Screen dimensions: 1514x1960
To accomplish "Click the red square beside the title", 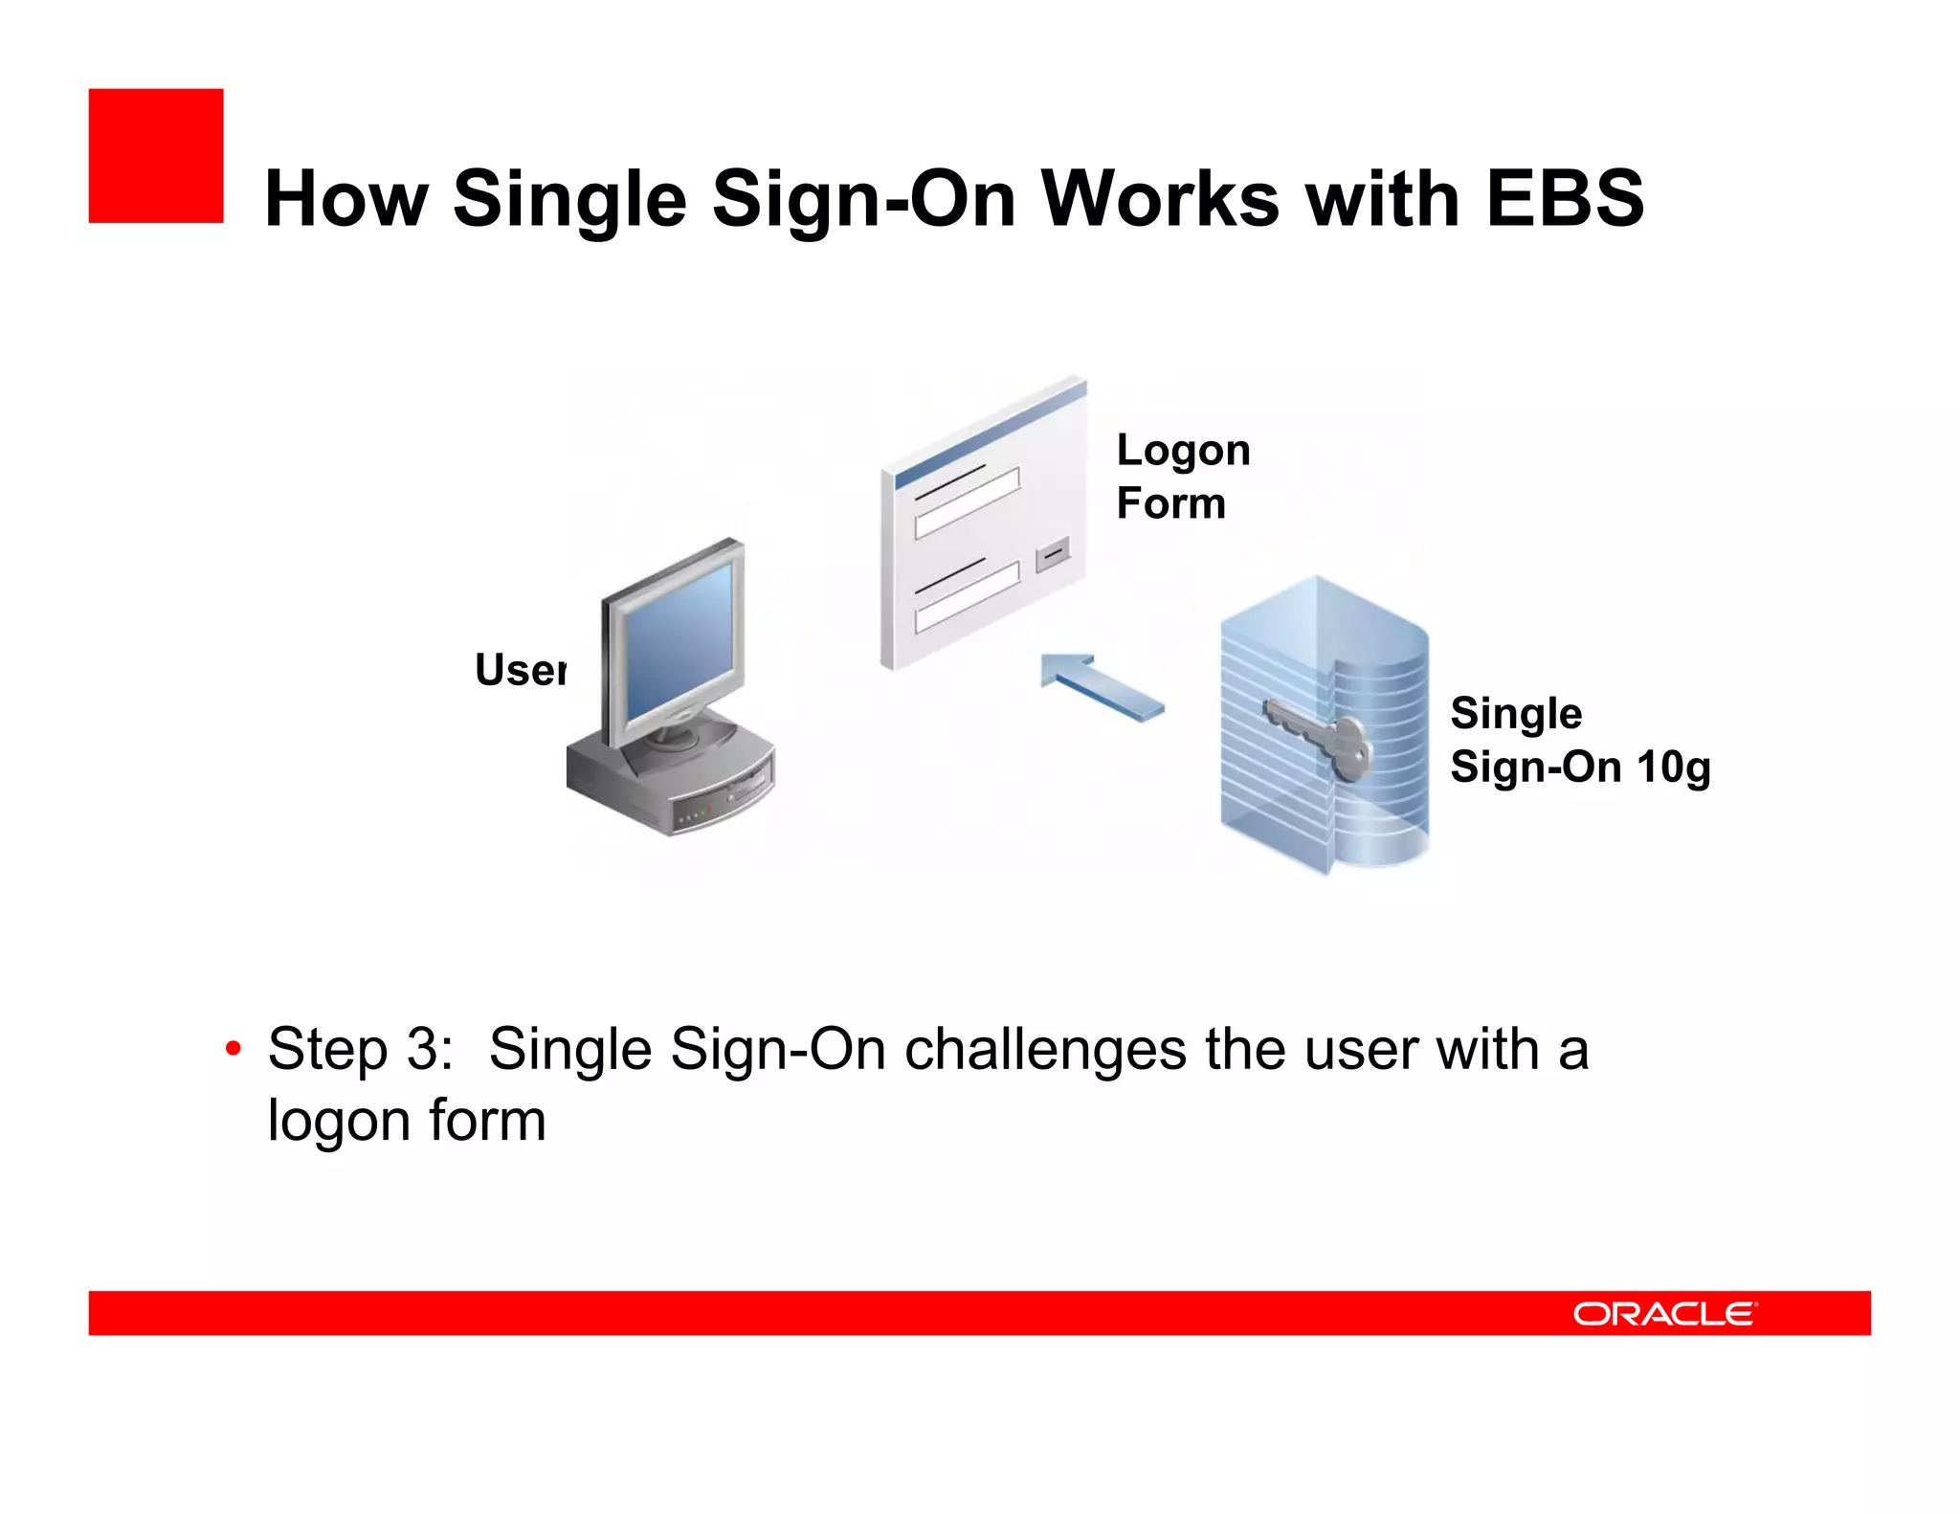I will click(156, 156).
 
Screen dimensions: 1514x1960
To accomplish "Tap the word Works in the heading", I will click(1160, 199).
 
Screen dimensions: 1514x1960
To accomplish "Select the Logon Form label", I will click(1182, 476).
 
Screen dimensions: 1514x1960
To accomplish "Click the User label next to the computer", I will click(520, 669).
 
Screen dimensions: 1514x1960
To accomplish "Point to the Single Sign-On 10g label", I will click(1579, 740).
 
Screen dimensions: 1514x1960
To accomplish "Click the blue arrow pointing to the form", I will click(1101, 685).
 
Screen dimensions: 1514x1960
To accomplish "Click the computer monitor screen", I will click(678, 639).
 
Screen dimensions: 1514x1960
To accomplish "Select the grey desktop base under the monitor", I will click(670, 780).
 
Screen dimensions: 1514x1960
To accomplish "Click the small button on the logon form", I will click(1053, 553).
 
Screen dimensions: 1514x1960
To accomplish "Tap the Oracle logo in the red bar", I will click(1665, 1313).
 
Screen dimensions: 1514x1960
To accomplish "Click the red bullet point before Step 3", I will click(233, 1049).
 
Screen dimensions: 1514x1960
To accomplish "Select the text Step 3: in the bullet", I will click(360, 1049).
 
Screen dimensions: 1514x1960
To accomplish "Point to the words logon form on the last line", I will click(407, 1120).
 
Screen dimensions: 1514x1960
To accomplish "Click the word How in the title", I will click(345, 199).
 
